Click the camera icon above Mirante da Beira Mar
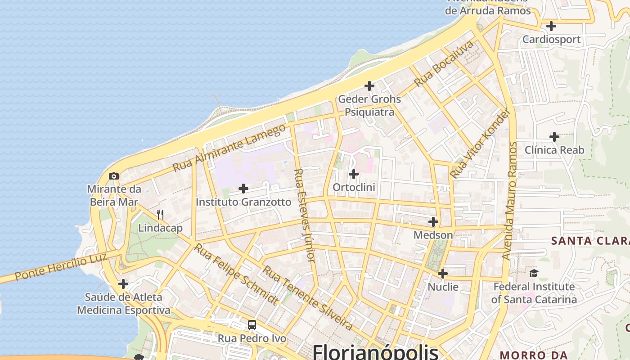click(x=114, y=176)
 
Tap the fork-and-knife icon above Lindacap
click(x=160, y=214)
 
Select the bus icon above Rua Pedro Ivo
click(x=252, y=325)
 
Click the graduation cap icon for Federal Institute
click(x=534, y=273)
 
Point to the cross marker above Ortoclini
click(x=354, y=174)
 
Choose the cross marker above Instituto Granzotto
click(x=243, y=188)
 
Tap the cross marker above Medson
click(x=433, y=222)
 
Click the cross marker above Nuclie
click(x=443, y=274)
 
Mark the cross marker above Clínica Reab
click(x=554, y=136)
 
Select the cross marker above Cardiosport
click(x=551, y=26)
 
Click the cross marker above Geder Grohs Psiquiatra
click(x=369, y=85)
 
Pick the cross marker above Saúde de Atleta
click(x=123, y=284)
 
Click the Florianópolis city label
click(x=375, y=351)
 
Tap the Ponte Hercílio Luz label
click(x=61, y=267)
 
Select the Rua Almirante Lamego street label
click(x=229, y=147)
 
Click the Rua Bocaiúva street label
click(x=444, y=63)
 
